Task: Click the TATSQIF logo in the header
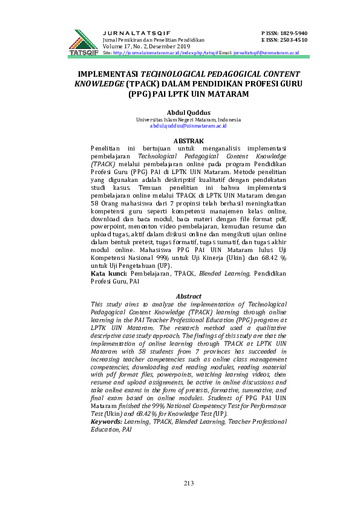point(83,42)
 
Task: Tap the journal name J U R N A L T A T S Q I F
point(137,32)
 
